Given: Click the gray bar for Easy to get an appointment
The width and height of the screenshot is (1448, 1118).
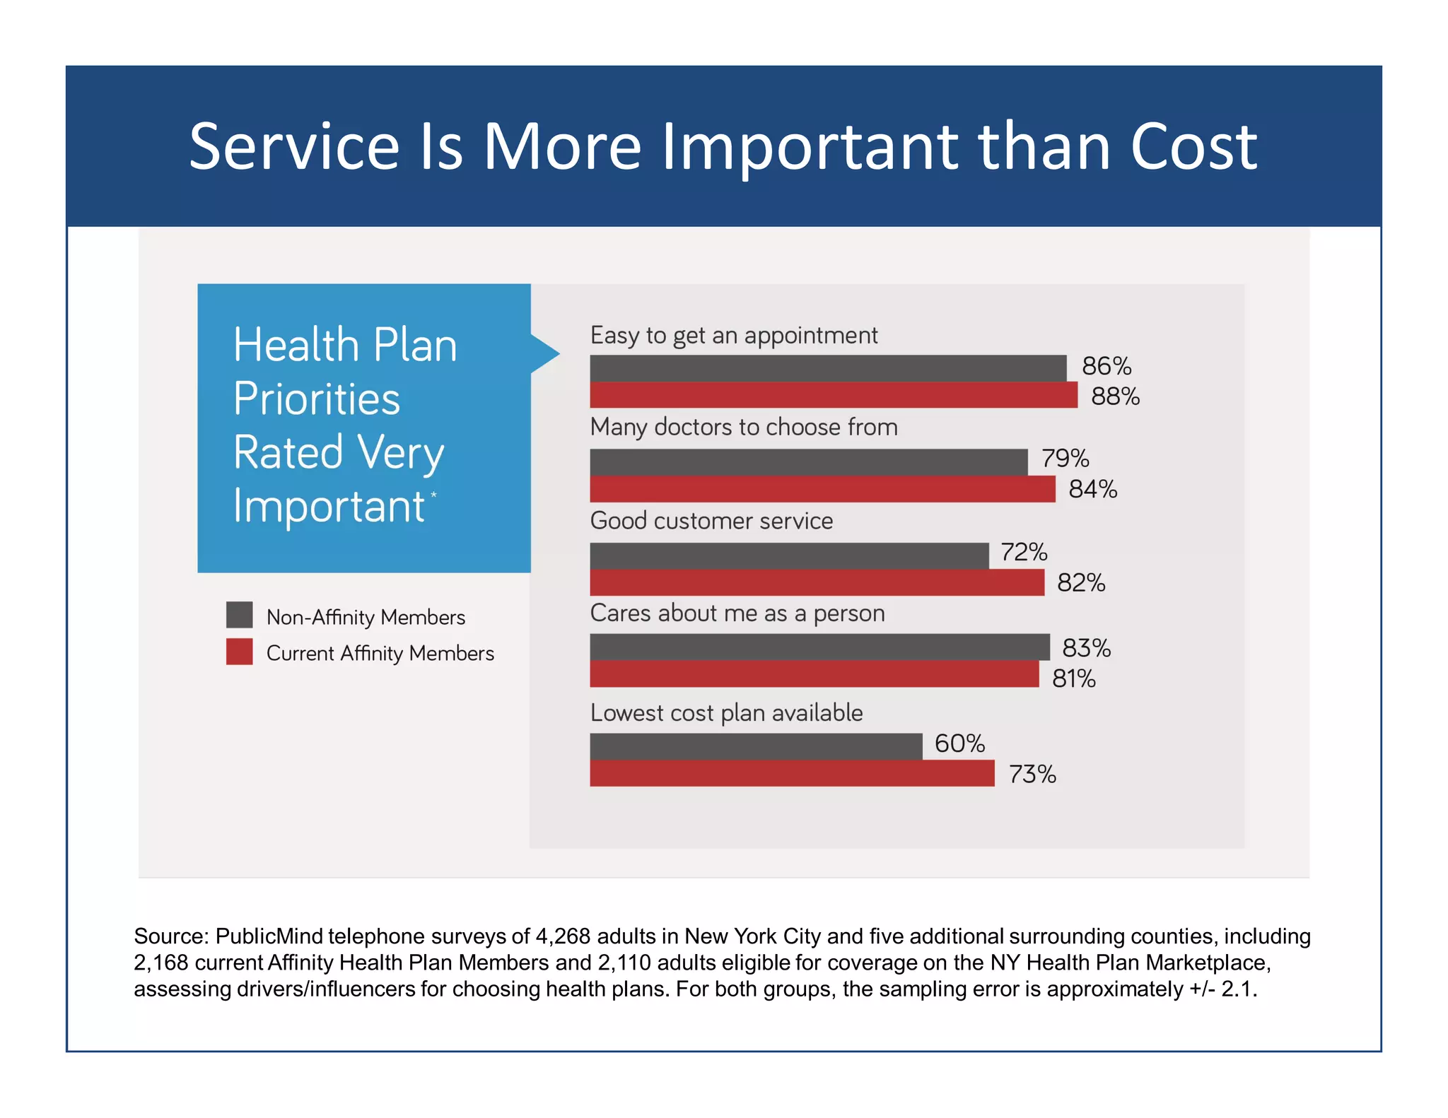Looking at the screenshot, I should [x=827, y=368].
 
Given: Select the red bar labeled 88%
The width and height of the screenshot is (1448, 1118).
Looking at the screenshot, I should [x=833, y=395].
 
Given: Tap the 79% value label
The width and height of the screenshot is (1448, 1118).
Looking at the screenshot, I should [x=1065, y=459].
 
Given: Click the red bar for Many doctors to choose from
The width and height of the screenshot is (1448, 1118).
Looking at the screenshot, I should [x=822, y=489].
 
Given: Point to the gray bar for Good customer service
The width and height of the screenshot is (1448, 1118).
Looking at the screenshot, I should [x=788, y=555].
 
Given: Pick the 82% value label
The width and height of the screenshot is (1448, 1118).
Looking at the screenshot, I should [x=1080, y=583].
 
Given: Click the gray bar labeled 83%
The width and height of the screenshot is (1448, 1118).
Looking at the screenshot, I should [x=819, y=647].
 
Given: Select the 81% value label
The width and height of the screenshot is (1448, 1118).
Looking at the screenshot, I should [x=1073, y=679].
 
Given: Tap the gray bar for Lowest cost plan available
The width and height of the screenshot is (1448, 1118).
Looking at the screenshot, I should [x=755, y=746].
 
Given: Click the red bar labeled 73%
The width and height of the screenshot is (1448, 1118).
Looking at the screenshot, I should [x=792, y=773].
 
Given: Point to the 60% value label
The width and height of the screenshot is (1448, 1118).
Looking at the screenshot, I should [x=959, y=743].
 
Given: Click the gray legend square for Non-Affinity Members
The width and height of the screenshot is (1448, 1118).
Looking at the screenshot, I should [x=239, y=615].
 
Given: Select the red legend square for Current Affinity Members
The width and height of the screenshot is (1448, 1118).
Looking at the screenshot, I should [x=239, y=652].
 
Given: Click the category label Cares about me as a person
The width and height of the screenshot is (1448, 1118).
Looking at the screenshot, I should [x=737, y=613].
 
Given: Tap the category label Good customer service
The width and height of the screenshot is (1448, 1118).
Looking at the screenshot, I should [x=711, y=521].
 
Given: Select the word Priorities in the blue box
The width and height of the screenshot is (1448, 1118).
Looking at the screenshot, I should [x=316, y=399].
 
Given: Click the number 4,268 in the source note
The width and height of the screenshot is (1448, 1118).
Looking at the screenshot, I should [x=563, y=936].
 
